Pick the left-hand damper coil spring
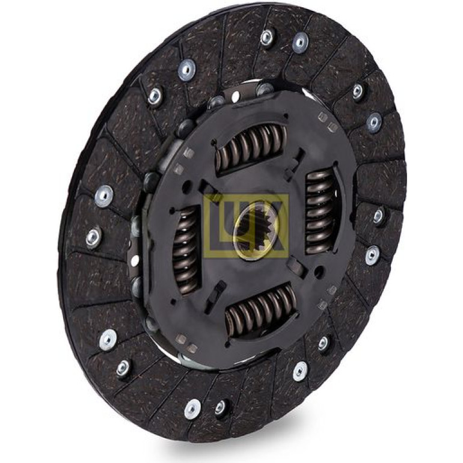[x=185, y=250]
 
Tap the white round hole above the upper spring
[x=235, y=96]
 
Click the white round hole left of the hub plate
[x=135, y=260]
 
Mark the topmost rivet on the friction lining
[x=267, y=37]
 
